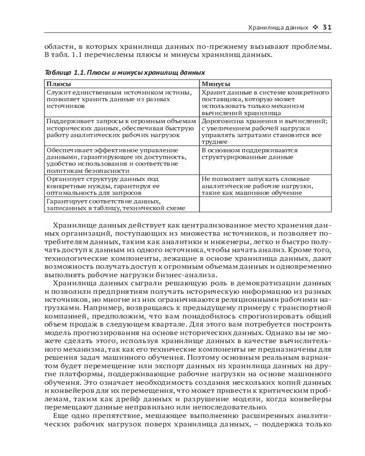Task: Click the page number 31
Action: click(x=327, y=27)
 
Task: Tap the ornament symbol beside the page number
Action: click(x=315, y=27)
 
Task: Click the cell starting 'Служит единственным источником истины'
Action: click(x=121, y=99)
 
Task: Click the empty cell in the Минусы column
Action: click(x=265, y=205)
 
